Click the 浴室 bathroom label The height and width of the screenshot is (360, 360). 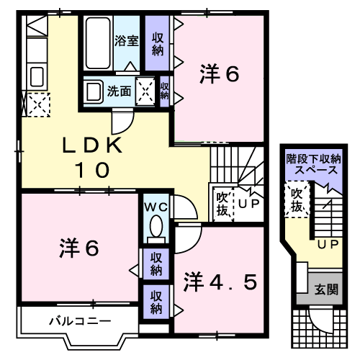[x=127, y=41]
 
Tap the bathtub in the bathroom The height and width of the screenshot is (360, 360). [x=97, y=43]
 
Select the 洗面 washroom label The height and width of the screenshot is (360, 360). [x=119, y=91]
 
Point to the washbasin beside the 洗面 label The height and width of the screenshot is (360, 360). [x=94, y=92]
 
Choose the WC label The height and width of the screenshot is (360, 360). [x=156, y=207]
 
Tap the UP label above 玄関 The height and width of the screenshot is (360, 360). [x=329, y=246]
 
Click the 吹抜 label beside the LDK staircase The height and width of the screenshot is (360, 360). [x=222, y=202]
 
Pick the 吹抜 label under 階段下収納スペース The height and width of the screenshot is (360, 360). [x=296, y=200]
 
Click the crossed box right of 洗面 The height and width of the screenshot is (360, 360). [x=146, y=91]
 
